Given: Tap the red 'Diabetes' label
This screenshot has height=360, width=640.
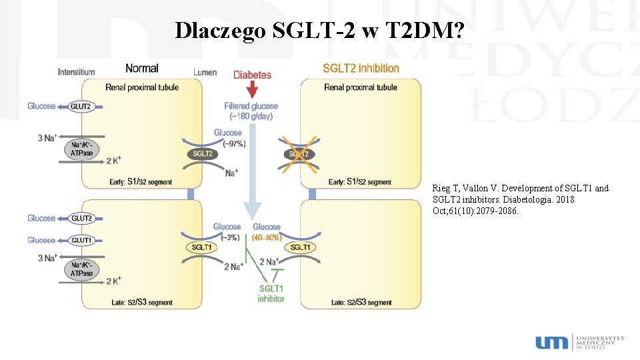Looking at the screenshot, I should click(x=252, y=75).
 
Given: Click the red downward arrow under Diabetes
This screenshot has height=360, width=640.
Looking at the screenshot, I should click(x=252, y=89).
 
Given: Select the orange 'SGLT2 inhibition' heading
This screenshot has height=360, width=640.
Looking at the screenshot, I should click(x=361, y=68).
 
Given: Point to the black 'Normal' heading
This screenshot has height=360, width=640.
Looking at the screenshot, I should click(x=142, y=68).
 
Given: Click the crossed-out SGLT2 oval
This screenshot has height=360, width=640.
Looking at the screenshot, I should click(x=299, y=154).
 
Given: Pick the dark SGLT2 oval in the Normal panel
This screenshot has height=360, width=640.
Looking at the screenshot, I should click(x=201, y=154).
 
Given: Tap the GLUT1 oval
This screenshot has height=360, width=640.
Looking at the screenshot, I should click(x=81, y=240).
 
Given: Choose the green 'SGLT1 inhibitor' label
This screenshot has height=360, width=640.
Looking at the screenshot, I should click(x=271, y=293).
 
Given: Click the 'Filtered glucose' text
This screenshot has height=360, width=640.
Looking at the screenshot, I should click(x=251, y=106).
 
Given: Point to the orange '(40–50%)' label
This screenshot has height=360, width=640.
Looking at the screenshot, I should click(x=267, y=237).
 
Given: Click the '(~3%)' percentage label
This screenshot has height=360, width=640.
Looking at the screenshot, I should click(x=227, y=237).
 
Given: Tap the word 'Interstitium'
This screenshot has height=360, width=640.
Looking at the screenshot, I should click(x=76, y=72).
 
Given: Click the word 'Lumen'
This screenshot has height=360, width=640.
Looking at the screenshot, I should click(x=205, y=72).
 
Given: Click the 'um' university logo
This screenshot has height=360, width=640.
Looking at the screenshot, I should click(x=552, y=342).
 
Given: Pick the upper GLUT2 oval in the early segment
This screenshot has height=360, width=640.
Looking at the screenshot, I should click(x=81, y=106).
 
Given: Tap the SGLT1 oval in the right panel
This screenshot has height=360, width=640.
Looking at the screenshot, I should click(x=301, y=247).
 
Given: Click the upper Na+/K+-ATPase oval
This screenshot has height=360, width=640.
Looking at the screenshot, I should click(x=82, y=149).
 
